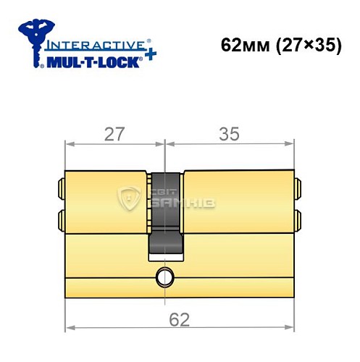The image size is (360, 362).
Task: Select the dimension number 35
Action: click(230, 134)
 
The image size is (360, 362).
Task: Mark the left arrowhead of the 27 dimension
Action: click(69, 143)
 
